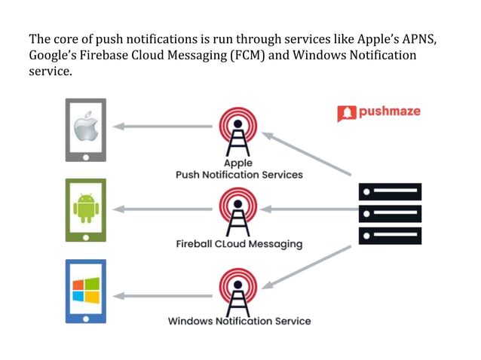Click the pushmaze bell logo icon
(346, 114)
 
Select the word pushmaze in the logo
(389, 112)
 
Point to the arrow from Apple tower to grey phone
(161, 127)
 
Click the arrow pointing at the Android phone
(161, 209)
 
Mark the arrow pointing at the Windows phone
(161, 296)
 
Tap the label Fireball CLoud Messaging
(239, 244)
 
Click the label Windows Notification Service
(239, 321)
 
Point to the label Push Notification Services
(239, 175)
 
